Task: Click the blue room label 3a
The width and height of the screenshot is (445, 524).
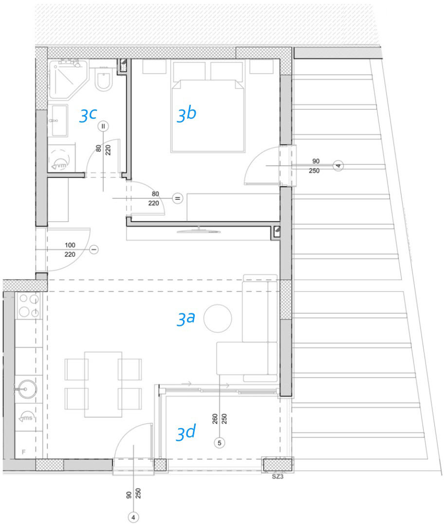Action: (x=186, y=318)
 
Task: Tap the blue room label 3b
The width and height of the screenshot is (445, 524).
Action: (x=186, y=114)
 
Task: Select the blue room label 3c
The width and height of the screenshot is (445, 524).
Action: (x=88, y=116)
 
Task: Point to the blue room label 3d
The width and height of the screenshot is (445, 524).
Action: (x=185, y=433)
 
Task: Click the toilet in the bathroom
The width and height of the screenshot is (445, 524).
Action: (x=104, y=79)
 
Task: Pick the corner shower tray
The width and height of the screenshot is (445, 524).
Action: (x=68, y=79)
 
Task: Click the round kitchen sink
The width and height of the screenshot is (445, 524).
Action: (x=27, y=389)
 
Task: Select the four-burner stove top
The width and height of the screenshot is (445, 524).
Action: (x=29, y=305)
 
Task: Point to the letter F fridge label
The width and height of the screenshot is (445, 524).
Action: (x=24, y=452)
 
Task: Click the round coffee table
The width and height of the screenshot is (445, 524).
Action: (x=218, y=318)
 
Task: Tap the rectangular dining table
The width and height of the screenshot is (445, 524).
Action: (x=103, y=384)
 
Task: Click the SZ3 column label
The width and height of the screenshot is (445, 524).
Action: (x=278, y=477)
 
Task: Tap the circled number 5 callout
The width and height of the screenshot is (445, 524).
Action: (x=219, y=443)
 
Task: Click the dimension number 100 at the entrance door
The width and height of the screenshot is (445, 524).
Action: (x=70, y=245)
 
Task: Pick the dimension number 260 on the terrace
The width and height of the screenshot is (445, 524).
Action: (x=215, y=419)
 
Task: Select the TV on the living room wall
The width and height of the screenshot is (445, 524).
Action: (x=199, y=230)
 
